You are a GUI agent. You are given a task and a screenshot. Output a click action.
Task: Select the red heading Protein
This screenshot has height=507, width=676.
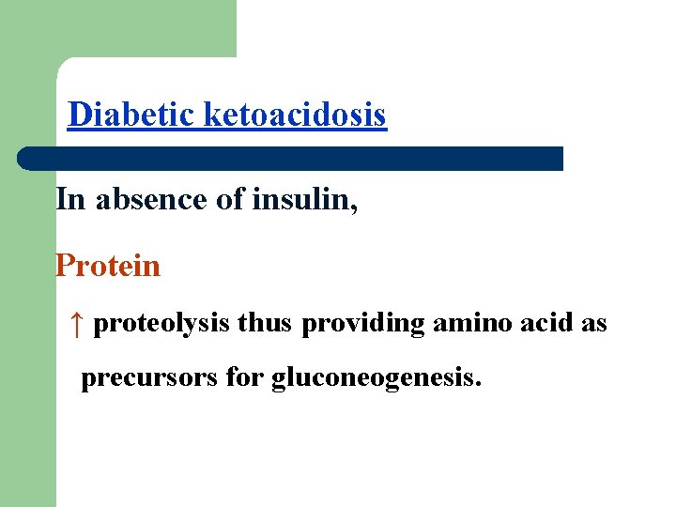[x=108, y=266]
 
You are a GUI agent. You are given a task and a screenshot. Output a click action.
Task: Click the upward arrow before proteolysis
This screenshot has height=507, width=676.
[x=77, y=324]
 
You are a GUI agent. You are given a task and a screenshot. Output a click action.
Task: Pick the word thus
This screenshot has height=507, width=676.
[x=267, y=324]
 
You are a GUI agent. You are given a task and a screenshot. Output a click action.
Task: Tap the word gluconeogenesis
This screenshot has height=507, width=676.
[x=376, y=379]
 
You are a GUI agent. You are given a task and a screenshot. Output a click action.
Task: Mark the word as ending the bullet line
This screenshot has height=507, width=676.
[x=595, y=324]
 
